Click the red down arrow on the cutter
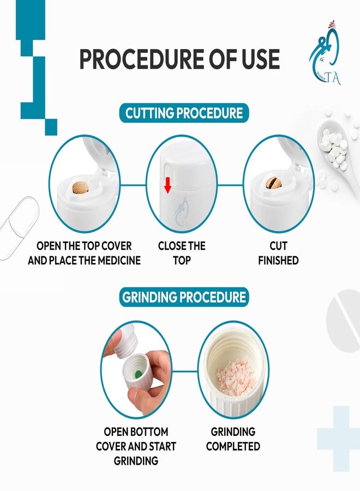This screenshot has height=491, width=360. coord(168,185)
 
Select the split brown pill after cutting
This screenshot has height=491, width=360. coord(273,183)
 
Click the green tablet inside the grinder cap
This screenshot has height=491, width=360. coord(137,373)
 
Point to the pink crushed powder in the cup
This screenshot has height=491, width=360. coord(236,376)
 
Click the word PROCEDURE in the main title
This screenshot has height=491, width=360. coord(142,59)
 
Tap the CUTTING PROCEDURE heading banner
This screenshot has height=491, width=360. coord(184,113)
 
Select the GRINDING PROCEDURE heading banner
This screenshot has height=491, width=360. coord(184,297)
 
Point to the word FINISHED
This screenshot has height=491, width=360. coord(278,261)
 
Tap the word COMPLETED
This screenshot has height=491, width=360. coord(233,446)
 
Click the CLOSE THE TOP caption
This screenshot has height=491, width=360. coord(182,253)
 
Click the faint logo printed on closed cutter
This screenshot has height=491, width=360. coord(181,213)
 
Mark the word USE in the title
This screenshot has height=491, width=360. coord(260,59)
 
